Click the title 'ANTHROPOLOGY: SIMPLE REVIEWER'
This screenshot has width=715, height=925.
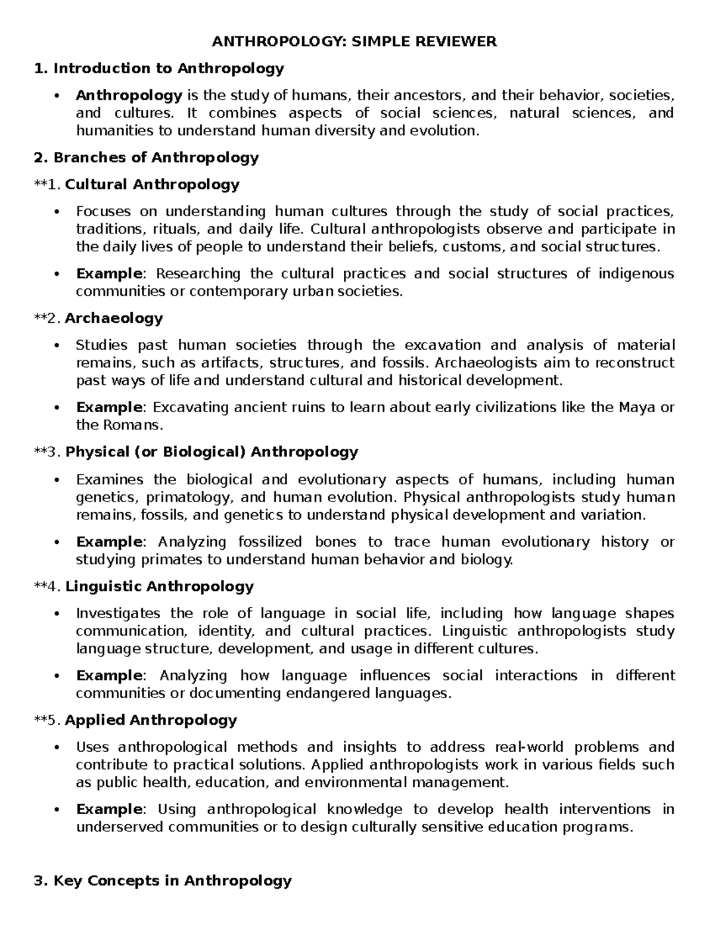(x=355, y=42)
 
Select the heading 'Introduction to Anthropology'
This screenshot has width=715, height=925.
(x=169, y=68)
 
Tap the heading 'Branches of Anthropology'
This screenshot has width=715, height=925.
(x=156, y=158)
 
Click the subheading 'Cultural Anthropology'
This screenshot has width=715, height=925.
(x=152, y=185)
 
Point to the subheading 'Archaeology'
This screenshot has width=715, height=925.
(x=114, y=319)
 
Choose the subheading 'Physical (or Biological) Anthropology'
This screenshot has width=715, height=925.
(x=212, y=452)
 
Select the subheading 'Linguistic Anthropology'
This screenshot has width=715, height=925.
(x=160, y=587)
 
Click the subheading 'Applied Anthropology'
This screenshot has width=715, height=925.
(x=151, y=721)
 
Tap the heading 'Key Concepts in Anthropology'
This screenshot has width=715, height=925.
(x=172, y=881)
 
